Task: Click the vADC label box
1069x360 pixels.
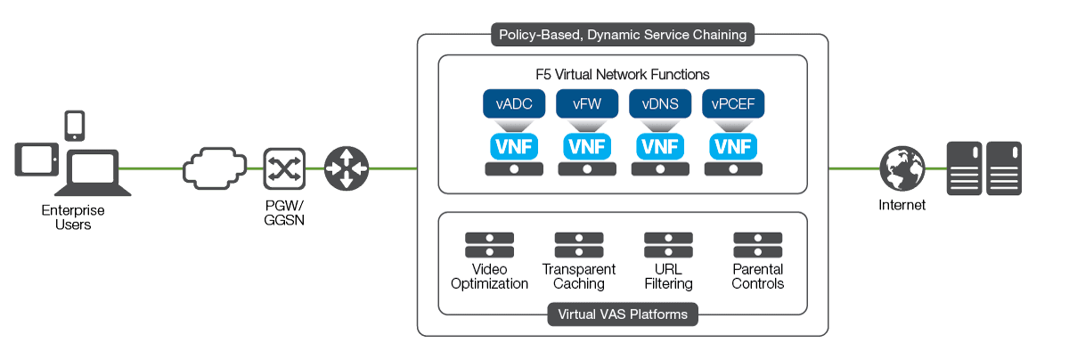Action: click(x=514, y=103)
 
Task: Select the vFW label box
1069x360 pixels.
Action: click(x=587, y=103)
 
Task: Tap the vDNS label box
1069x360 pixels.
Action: click(x=660, y=103)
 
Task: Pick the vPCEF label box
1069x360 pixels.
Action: click(x=733, y=103)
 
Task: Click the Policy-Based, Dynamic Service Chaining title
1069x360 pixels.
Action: click(x=623, y=36)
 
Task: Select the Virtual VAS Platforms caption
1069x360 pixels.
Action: click(x=623, y=314)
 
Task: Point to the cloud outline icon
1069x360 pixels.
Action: click(x=214, y=168)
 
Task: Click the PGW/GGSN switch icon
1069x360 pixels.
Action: click(x=283, y=168)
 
